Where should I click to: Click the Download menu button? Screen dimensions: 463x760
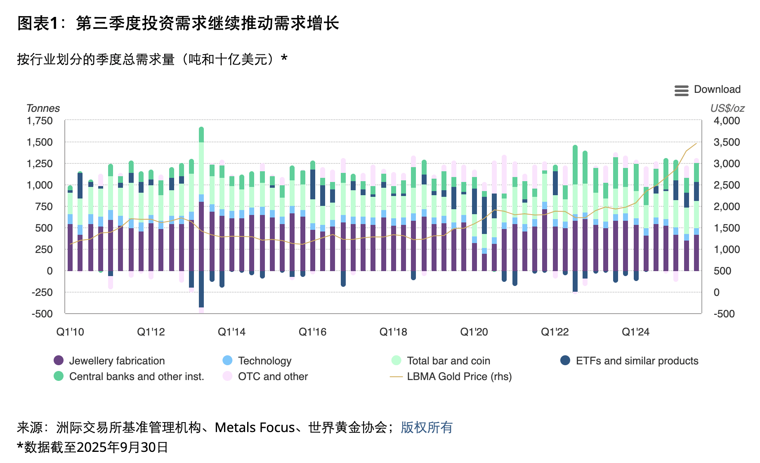coord(707,90)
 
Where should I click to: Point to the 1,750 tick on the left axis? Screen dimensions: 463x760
coord(40,121)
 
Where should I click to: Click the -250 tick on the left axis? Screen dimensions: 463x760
coord(42,292)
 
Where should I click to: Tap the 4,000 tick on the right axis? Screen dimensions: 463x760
coord(727,121)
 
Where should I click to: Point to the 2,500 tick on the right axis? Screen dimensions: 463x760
coord(727,185)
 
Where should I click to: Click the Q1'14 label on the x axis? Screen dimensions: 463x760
coord(231,332)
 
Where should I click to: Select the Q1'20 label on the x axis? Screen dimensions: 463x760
coord(474,332)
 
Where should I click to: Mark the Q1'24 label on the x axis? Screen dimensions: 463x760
coord(635,332)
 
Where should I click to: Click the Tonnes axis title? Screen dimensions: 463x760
coord(43,108)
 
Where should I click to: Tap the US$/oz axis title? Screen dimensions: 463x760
coord(727,108)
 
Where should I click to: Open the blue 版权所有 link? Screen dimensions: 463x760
coord(427,428)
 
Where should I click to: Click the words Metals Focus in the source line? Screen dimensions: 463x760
coord(255,428)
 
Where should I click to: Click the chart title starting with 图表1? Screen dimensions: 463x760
coord(178,23)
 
